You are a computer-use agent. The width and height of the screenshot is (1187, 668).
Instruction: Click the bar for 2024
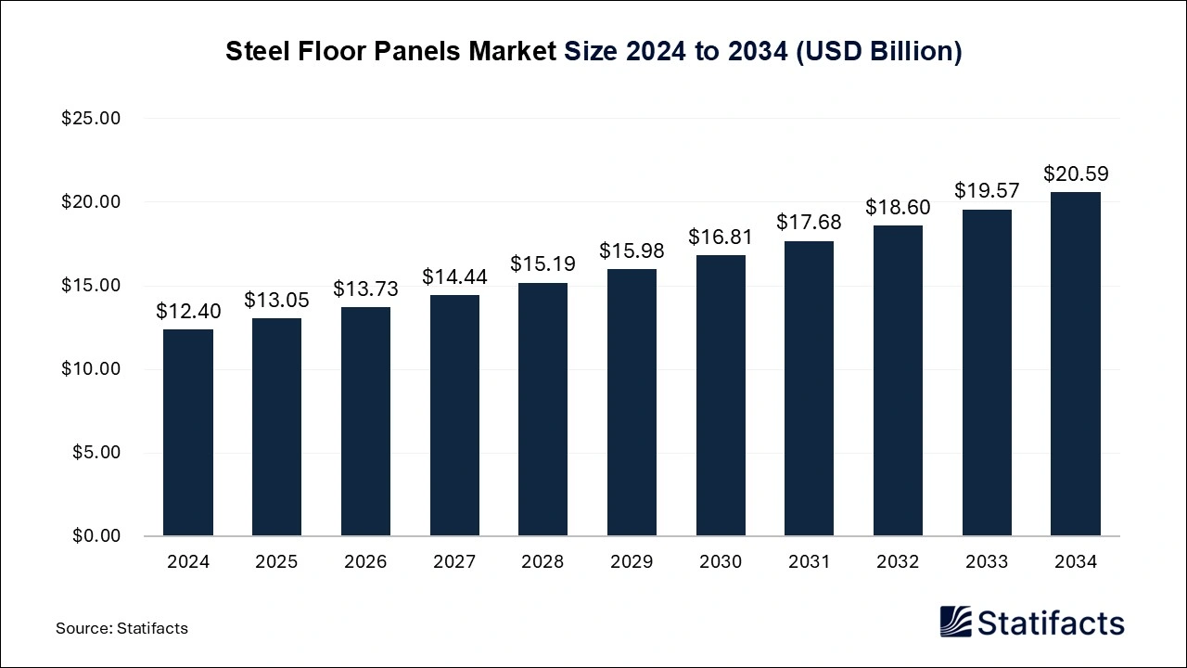[x=188, y=432]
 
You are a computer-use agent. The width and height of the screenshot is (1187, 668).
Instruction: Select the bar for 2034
[x=1076, y=364]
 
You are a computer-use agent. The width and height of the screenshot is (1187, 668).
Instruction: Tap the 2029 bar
[x=632, y=403]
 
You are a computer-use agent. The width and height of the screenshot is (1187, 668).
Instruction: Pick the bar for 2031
[x=809, y=388]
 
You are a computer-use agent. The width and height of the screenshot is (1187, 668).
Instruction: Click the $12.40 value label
[x=188, y=312]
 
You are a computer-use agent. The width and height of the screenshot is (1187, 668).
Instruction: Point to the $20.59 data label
[x=1076, y=174]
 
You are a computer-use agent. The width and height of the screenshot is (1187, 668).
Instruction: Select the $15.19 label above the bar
[x=542, y=264]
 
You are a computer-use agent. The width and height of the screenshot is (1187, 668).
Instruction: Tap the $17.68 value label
[x=809, y=224]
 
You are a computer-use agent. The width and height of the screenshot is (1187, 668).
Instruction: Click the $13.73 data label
[x=365, y=289]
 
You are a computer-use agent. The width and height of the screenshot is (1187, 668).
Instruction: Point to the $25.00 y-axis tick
[x=91, y=119]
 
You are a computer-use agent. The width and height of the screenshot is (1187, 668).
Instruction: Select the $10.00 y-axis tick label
[x=91, y=369]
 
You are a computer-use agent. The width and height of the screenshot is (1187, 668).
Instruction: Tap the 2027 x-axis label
[x=454, y=562]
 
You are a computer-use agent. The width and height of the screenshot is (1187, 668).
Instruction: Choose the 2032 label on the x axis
[x=898, y=562]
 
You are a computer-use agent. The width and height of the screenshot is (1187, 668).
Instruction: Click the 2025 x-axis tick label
[x=276, y=562]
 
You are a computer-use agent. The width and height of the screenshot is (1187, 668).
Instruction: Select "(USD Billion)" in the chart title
[x=877, y=52]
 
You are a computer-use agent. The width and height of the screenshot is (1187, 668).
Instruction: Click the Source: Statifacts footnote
[x=121, y=628]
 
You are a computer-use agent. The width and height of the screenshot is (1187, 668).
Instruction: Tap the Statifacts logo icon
[x=955, y=622]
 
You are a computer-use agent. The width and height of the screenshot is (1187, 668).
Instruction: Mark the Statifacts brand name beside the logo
[x=1051, y=623]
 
